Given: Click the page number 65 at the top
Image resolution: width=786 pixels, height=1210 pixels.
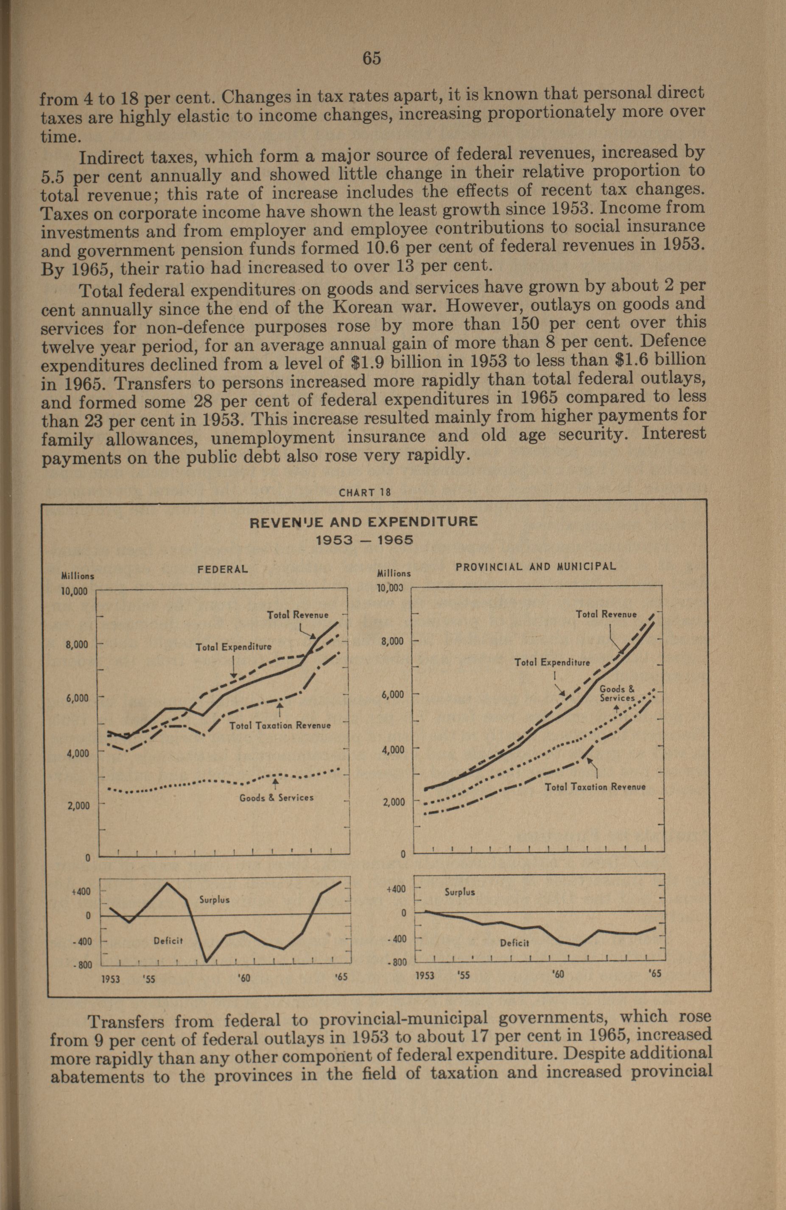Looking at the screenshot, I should [372, 59].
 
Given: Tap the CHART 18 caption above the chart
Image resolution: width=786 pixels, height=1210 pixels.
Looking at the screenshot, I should [364, 492].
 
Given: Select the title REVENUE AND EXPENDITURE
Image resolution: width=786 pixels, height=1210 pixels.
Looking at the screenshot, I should [364, 522].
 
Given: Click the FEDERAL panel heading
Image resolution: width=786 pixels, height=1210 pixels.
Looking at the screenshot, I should [223, 569].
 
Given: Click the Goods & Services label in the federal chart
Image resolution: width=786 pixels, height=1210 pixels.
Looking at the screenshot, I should [277, 798].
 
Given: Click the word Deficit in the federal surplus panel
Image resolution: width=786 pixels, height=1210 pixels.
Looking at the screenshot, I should [168, 940].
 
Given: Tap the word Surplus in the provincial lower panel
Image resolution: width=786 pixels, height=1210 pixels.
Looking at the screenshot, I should [460, 892].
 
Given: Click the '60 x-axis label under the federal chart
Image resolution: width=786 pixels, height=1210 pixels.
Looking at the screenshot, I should [244, 978].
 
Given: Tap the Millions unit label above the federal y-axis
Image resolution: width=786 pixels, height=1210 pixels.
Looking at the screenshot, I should [77, 576].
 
